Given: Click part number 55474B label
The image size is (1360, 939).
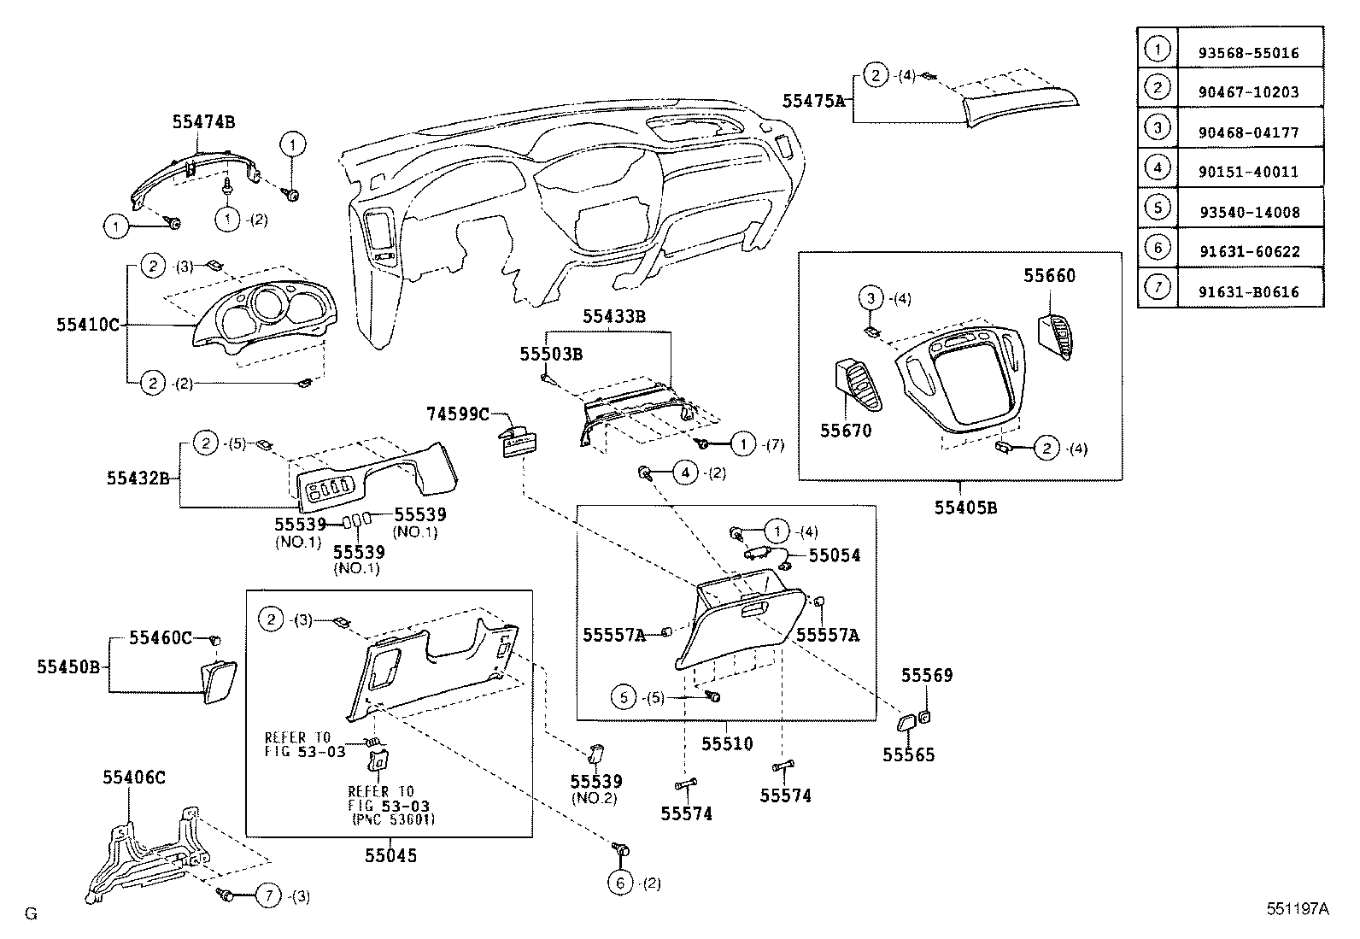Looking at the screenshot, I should [202, 122].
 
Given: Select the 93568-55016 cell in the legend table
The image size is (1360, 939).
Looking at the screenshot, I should [1249, 52].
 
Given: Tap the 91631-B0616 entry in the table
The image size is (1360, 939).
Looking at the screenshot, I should [1249, 291].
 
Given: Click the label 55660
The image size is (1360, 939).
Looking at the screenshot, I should [1050, 276].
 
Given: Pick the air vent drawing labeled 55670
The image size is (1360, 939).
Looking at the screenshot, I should [855, 386].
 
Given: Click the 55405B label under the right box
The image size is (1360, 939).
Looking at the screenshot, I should [965, 508].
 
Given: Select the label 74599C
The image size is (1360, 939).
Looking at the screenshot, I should [458, 414].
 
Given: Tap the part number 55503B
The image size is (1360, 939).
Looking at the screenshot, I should [551, 353].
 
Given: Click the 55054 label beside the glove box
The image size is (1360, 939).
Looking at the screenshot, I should [835, 555].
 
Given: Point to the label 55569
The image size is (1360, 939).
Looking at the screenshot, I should [927, 675].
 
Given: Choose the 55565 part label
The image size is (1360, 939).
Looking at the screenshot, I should [909, 754].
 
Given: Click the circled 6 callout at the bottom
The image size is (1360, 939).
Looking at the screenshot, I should [620, 883].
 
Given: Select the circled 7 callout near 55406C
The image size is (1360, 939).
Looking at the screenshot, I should [268, 895].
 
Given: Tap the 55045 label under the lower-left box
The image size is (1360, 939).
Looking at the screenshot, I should [390, 854].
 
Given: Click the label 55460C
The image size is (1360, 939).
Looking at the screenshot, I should [161, 637].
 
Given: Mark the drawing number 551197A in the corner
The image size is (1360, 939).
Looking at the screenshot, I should [1298, 909].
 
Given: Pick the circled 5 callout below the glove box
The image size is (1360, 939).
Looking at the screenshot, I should [624, 697].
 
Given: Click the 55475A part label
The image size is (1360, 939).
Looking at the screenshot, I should [813, 101].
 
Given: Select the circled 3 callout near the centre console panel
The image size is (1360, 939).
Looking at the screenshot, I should [871, 298].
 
